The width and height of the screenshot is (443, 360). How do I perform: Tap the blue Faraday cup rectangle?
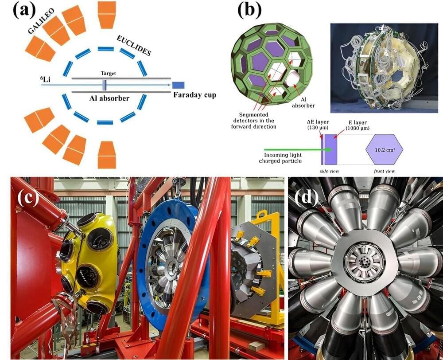pos(179,85)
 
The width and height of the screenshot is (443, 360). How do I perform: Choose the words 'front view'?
pos(384,171)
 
